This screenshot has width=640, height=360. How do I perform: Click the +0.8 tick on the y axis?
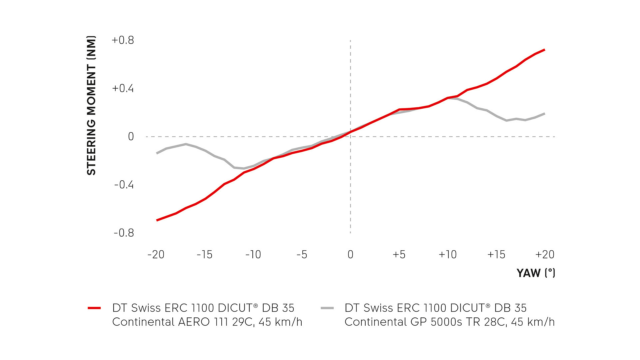(x=123, y=40)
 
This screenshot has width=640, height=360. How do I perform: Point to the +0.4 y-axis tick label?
(x=123, y=88)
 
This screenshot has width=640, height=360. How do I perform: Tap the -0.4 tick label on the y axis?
(x=124, y=185)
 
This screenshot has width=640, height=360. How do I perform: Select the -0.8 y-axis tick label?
(x=124, y=233)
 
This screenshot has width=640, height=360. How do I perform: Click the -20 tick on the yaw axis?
(x=156, y=255)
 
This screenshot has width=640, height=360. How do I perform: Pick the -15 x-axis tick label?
(x=204, y=255)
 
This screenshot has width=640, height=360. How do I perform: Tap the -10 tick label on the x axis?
(x=253, y=255)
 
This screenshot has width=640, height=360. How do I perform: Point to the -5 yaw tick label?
(x=302, y=255)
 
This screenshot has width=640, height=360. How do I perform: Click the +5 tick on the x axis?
(x=399, y=255)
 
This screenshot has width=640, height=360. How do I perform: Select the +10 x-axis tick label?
(x=447, y=255)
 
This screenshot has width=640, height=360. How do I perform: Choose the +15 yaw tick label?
(x=496, y=255)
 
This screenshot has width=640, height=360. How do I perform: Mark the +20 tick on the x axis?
(x=545, y=255)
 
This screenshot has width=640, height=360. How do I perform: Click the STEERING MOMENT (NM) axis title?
(x=91, y=105)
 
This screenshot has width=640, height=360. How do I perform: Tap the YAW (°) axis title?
(x=536, y=273)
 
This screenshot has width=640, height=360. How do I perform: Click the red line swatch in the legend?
(x=94, y=308)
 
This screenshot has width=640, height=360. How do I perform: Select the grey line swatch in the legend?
(x=327, y=308)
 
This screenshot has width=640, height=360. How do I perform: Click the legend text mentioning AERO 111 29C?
(x=207, y=315)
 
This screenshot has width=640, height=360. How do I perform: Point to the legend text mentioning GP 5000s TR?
(x=449, y=315)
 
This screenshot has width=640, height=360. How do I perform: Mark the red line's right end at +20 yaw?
(x=544, y=50)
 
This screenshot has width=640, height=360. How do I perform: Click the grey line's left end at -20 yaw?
(x=157, y=153)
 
